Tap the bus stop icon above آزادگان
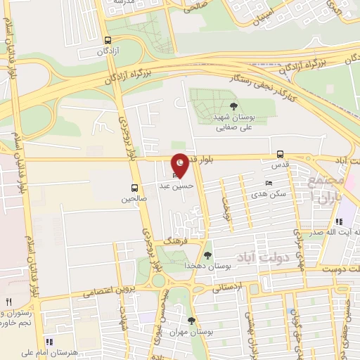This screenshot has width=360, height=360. [107, 40]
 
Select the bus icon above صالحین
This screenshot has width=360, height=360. [134, 188]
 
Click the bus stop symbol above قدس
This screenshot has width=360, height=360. [281, 154]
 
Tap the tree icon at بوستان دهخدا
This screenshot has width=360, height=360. [207, 255]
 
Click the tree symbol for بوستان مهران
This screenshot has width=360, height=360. [191, 321]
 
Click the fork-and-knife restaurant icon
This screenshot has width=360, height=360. [8, 302]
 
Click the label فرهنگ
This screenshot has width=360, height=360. [173, 240]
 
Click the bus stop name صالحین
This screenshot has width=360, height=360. [134, 200]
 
